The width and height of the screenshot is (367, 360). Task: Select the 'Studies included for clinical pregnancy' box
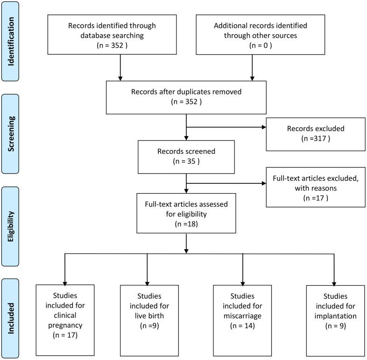point(65,319)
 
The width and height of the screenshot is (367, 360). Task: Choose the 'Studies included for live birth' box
point(147,319)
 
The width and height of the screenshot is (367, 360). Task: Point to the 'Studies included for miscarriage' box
point(243,319)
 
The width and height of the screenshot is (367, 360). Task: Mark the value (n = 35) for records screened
point(186,162)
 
